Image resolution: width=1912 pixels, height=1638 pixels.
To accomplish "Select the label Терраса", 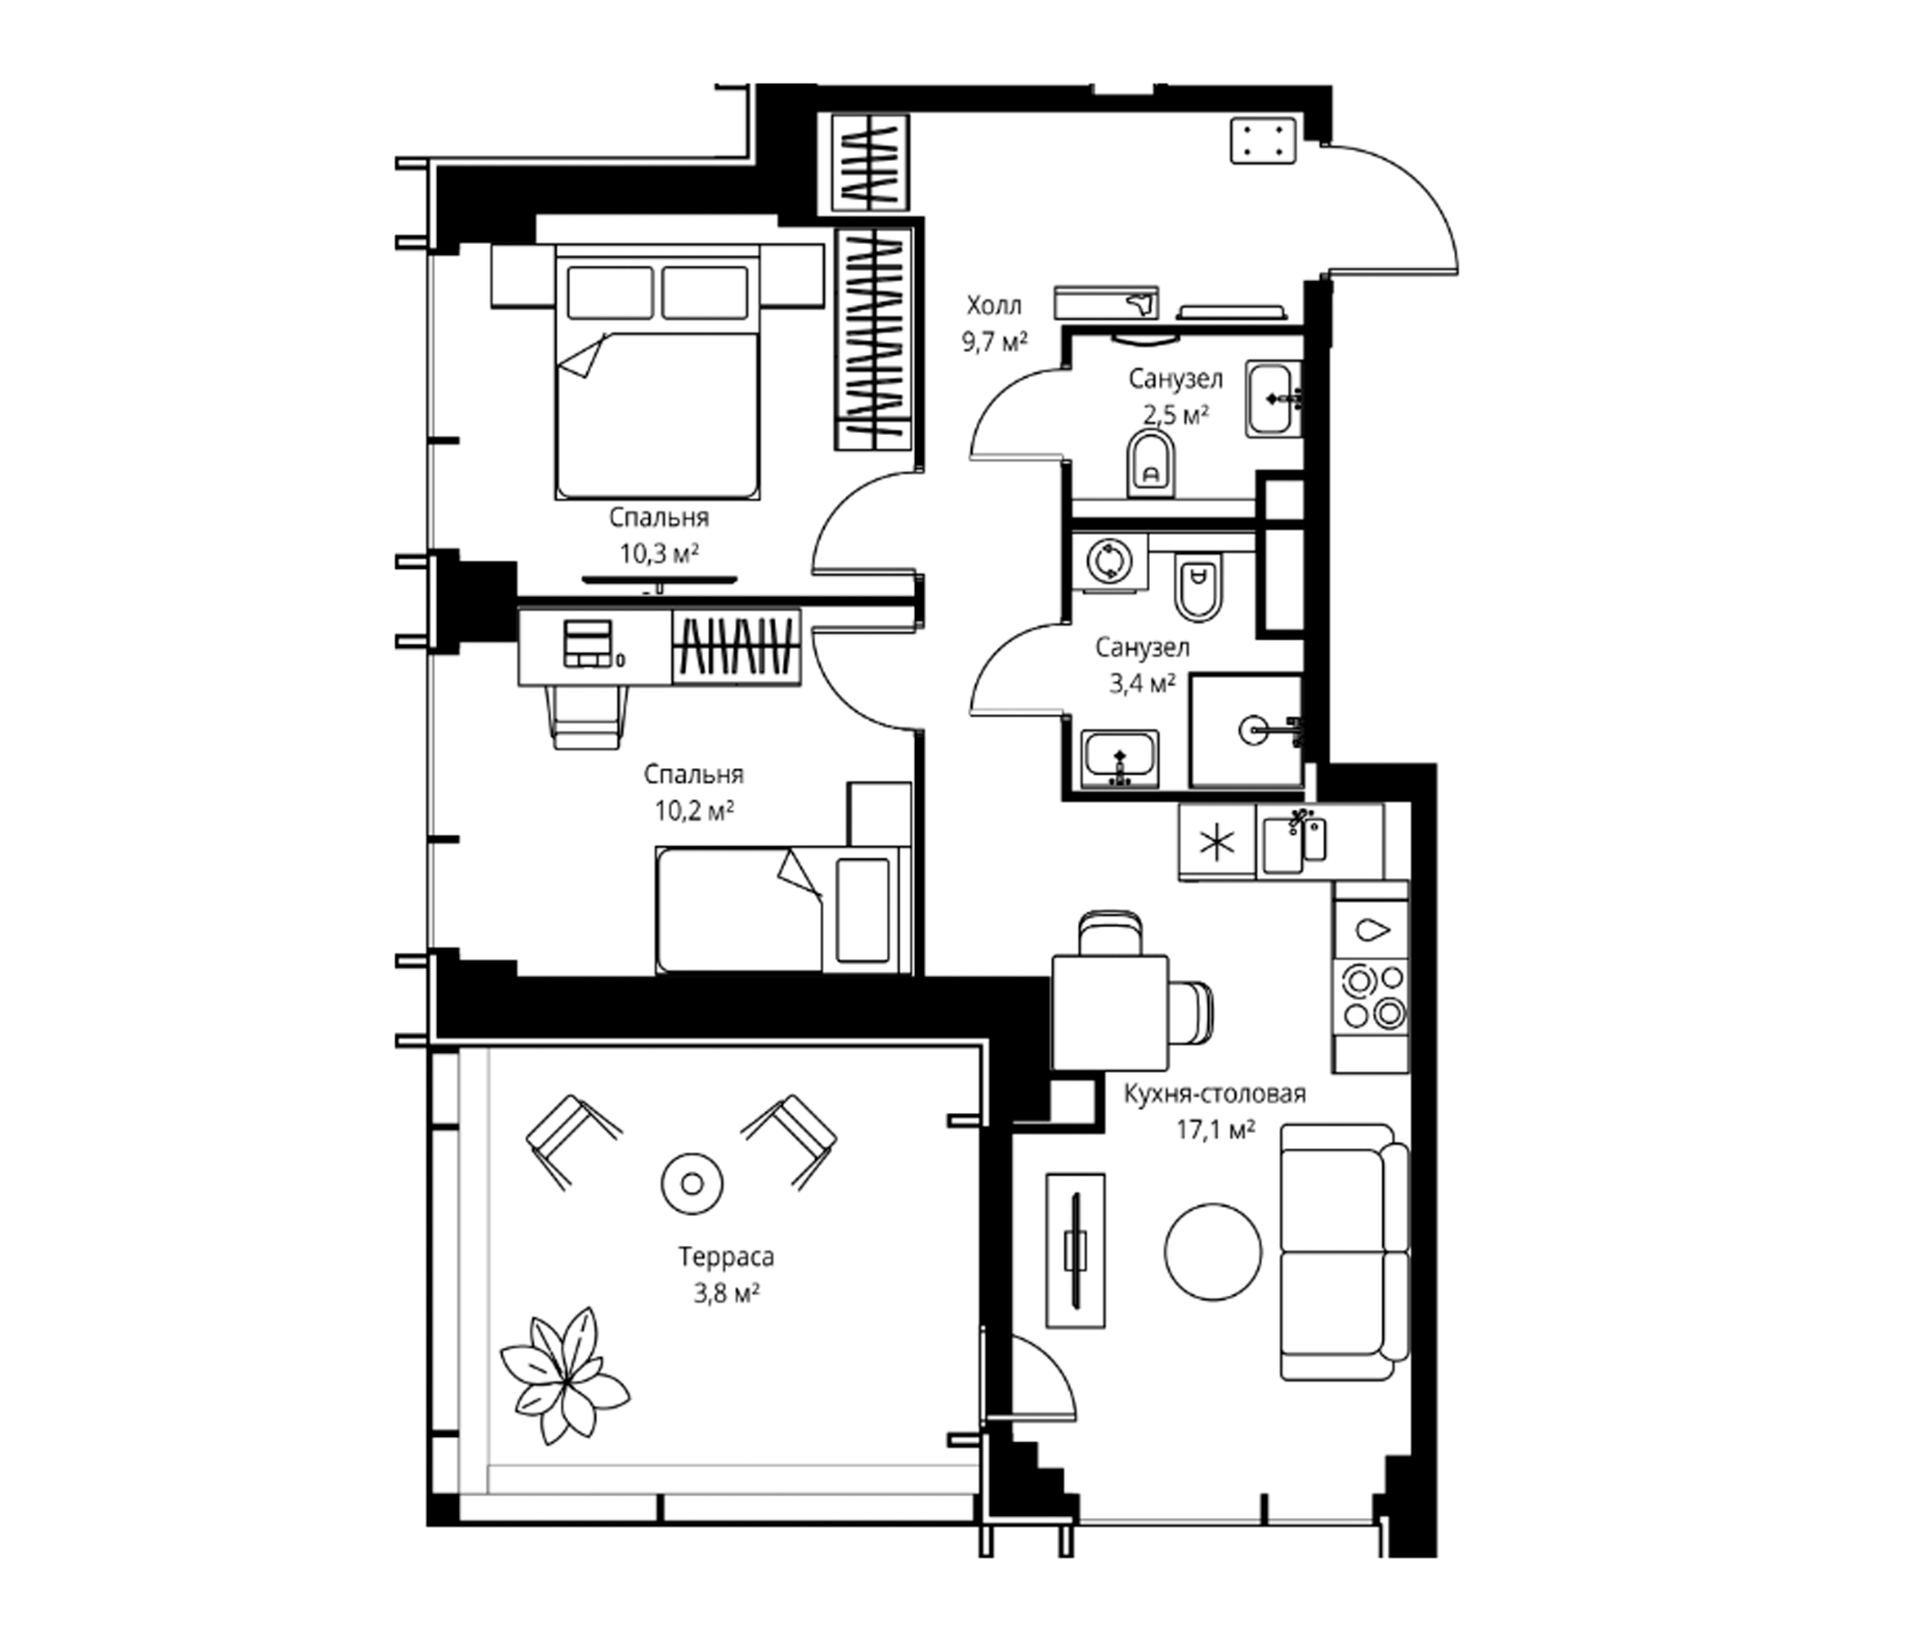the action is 727,1256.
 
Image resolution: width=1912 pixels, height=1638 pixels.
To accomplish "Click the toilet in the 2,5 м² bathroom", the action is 1151,466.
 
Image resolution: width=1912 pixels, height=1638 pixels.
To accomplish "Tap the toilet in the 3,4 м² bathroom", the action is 1199,586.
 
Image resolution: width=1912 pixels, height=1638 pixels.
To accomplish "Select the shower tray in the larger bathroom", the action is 1246,731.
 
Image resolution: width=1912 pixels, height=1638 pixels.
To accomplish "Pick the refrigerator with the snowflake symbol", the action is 1217,842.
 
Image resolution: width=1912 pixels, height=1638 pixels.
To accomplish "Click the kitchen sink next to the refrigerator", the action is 1294,841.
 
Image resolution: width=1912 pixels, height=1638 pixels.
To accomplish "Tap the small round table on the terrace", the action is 692,1183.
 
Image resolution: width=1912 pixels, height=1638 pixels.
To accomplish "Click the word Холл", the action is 994,304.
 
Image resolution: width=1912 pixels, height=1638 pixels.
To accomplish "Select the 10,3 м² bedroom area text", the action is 659,553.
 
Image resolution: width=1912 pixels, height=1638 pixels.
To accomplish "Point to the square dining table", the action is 1110,1012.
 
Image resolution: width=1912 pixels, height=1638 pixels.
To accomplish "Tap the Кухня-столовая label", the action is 1215,1094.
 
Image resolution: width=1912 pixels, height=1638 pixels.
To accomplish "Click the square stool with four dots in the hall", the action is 1264,142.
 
